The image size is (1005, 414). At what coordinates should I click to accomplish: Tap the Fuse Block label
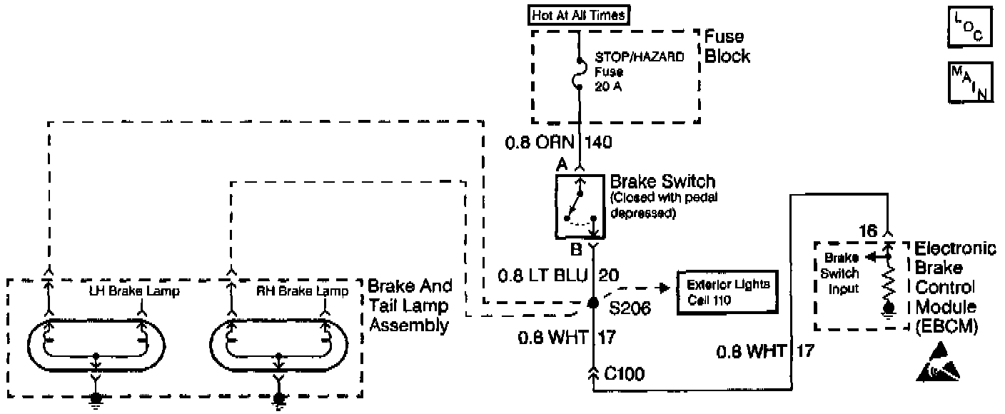727,46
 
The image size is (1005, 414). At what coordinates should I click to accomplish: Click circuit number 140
598,143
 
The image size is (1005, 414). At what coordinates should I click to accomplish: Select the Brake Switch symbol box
580,206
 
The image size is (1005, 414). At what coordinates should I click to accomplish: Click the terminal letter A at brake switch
562,164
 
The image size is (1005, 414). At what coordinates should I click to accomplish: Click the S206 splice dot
592,303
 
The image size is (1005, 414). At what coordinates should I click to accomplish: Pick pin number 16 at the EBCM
867,230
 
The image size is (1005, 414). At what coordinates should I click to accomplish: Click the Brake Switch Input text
842,273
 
